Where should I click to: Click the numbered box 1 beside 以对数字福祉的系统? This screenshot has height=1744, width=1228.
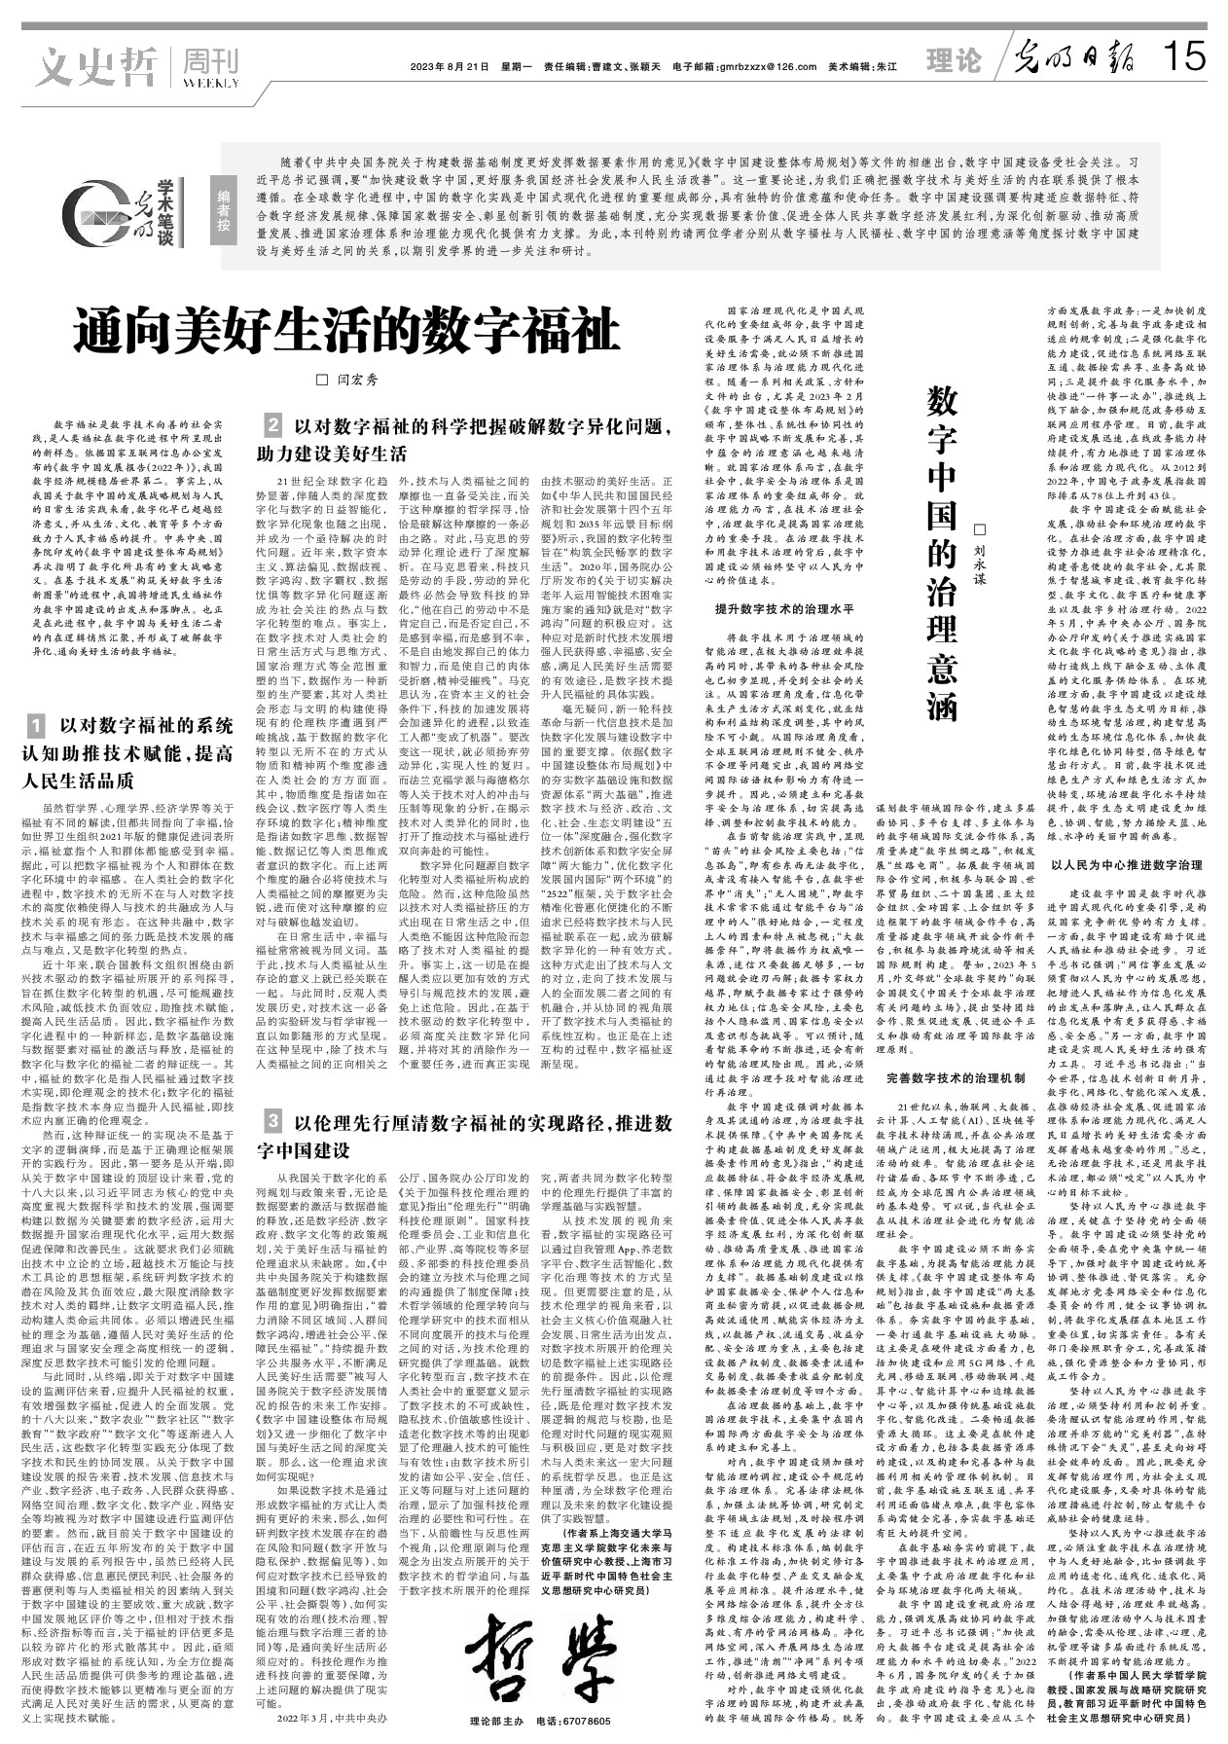coord(35,726)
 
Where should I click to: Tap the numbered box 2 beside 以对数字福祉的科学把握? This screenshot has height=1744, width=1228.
coord(273,425)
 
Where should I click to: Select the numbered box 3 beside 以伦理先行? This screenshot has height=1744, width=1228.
coord(273,1122)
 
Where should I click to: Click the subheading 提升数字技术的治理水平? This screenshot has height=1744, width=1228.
coord(784,609)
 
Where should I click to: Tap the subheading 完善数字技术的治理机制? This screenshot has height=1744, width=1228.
coord(956,1079)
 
